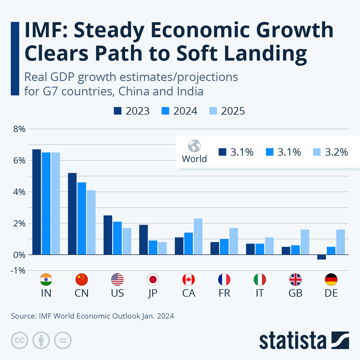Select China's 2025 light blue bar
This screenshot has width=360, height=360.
pyautogui.click(x=91, y=222)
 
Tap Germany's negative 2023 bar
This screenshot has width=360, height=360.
pyautogui.click(x=322, y=257)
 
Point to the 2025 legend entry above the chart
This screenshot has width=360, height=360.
pyautogui.click(x=227, y=111)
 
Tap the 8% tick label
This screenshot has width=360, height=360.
pyautogui.click(x=19, y=129)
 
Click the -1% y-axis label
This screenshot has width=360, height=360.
pyautogui.click(x=18, y=271)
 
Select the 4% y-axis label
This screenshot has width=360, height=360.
pyautogui.click(x=19, y=192)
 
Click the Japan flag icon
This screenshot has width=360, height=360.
pyautogui.click(x=153, y=280)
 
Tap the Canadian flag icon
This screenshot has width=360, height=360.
pyautogui.click(x=189, y=280)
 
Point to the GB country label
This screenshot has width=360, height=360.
pyautogui.click(x=295, y=293)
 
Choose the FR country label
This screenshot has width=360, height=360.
pyautogui.click(x=224, y=293)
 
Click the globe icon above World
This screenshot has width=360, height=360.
pyautogui.click(x=194, y=146)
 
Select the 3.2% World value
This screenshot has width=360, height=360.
pyautogui.click(x=336, y=152)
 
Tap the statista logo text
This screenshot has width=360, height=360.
pyautogui.click(x=292, y=340)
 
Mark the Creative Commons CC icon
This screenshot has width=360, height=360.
pyautogui.click(x=19, y=340)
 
